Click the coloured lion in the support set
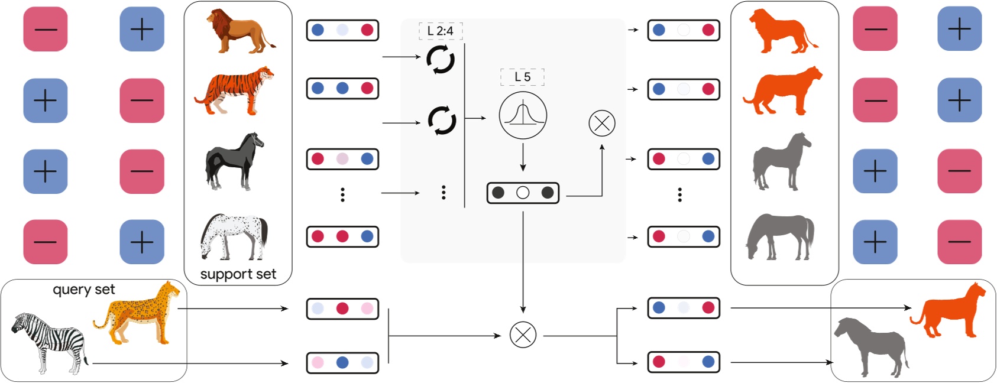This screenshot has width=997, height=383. pos(239,33)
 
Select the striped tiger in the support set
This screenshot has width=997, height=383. pos(235,90)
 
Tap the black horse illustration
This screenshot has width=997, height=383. pos(234,161)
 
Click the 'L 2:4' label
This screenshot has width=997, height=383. pos(441,31)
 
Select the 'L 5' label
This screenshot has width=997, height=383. pos(522,77)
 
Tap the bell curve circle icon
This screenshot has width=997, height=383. pos(523,116)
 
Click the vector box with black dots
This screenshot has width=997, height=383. pos(523,193)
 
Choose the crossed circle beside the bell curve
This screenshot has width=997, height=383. pos(602,124)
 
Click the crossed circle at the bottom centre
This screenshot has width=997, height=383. pos(523,335)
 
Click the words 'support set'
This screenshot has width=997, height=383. pos(238,274)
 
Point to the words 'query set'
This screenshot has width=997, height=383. pos(84,289)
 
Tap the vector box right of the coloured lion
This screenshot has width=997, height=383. pos(342,30)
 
